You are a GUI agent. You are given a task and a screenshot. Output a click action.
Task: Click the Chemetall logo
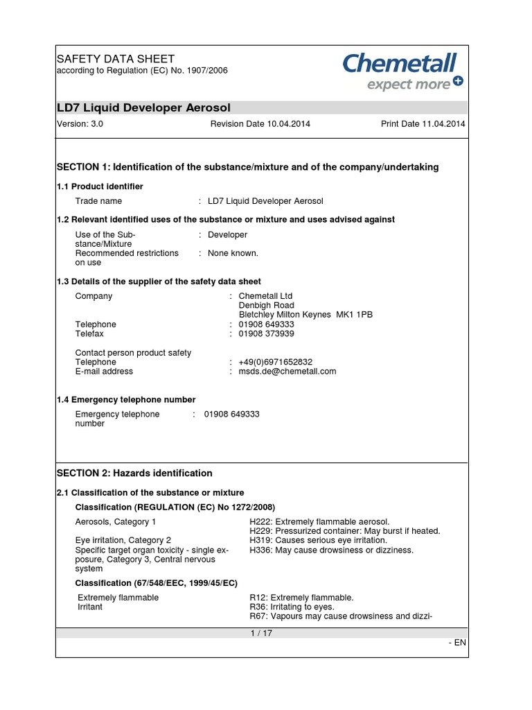tap(402, 71)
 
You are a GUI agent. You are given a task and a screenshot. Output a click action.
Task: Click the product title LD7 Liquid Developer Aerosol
tap(143, 107)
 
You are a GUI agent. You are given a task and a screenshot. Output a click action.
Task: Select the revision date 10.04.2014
tap(260, 124)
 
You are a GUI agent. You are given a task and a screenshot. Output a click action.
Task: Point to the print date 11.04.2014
tap(423, 124)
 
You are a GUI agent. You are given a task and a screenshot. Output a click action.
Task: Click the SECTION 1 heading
tap(247, 167)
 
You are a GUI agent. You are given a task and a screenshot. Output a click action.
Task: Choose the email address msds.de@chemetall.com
tap(287, 372)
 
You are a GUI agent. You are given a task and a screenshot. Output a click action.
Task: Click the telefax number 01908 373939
tap(267, 334)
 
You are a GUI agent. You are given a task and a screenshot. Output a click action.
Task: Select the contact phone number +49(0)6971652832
tap(276, 362)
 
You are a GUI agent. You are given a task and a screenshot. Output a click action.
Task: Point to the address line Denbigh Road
tap(267, 306)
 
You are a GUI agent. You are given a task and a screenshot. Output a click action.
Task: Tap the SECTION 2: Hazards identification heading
tap(134, 473)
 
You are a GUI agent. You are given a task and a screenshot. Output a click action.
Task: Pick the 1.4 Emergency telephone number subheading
tap(126, 400)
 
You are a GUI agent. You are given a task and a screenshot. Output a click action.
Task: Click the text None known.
tap(233, 254)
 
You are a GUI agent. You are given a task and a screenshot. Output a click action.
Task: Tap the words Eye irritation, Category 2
tap(123, 540)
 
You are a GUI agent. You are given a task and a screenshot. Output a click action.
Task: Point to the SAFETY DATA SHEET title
tap(115, 59)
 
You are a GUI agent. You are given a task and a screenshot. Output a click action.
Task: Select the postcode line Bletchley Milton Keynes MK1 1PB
tap(305, 315)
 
